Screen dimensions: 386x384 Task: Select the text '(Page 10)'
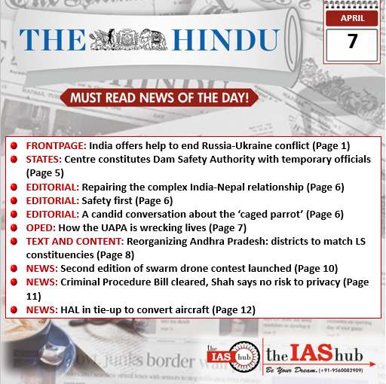[x=316, y=267]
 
